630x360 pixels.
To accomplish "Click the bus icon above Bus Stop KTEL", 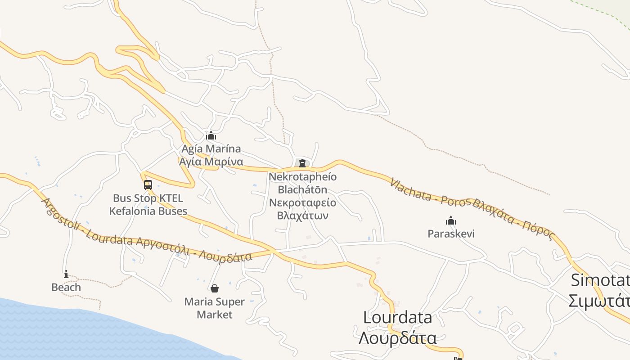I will [148, 184].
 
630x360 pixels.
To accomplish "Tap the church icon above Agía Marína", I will [211, 135].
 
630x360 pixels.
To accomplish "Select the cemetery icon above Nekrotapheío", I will [302, 163].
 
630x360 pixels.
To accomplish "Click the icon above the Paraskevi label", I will [451, 220].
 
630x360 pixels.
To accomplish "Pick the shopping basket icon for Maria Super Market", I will [215, 288].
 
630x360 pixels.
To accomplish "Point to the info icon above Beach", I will [66, 274].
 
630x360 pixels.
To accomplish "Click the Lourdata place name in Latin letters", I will [397, 318].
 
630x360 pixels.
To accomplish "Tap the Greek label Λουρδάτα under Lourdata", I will [397, 337].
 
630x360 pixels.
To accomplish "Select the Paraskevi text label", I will [451, 234].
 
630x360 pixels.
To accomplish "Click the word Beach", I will [66, 287].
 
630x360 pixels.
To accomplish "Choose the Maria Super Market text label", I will [215, 308].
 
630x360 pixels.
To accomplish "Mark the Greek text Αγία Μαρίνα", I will [211, 162].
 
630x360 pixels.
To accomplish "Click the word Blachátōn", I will [302, 189].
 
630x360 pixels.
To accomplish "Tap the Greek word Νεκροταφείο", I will [302, 202].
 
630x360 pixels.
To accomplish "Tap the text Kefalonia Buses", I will [148, 211].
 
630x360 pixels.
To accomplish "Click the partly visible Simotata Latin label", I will [600, 280].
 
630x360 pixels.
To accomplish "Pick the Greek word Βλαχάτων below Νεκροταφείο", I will [302, 215].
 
